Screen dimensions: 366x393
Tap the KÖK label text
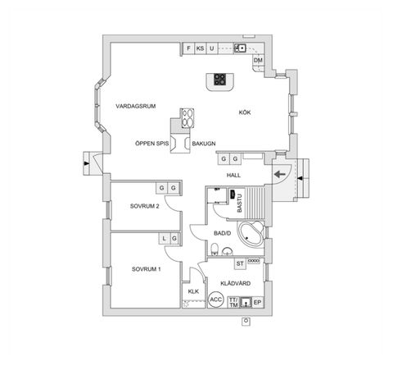(x=245, y=112)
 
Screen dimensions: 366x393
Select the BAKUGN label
(x=204, y=143)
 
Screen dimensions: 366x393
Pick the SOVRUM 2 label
(x=144, y=206)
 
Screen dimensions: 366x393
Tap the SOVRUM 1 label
(x=146, y=269)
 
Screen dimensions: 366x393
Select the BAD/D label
(x=222, y=233)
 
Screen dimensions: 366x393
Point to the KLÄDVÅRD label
(x=236, y=283)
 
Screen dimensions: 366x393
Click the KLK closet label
(x=194, y=292)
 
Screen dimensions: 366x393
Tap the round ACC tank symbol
(x=216, y=300)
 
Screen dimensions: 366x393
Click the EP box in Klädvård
(x=257, y=301)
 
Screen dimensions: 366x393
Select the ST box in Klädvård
(x=241, y=263)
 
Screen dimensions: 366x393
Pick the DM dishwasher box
(x=257, y=62)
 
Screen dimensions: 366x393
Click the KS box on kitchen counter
(x=200, y=48)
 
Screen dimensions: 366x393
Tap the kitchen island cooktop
(x=220, y=80)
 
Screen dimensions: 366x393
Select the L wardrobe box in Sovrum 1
(x=165, y=239)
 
